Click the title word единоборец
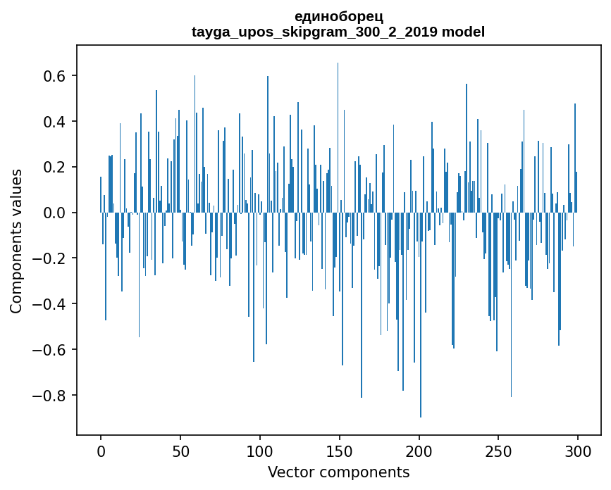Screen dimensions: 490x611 [x=338, y=16]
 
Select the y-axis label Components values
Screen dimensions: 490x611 [x=16, y=241]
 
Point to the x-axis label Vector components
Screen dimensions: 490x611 [x=338, y=472]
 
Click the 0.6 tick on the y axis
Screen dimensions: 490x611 [x=56, y=76]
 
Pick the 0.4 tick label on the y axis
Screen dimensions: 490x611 [x=56, y=122]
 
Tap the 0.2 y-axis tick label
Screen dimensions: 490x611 [x=56, y=168]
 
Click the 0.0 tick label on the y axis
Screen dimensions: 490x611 [x=56, y=213]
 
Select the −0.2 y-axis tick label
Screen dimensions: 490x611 [x=51, y=258]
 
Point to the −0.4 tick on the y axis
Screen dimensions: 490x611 [x=51, y=304]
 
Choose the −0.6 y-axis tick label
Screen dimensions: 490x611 [x=51, y=350]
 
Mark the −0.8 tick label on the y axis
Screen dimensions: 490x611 [x=51, y=395]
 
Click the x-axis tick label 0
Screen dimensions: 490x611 [x=101, y=450]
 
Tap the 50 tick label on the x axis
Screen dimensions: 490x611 [x=180, y=450]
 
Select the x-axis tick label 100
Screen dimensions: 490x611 [x=260, y=450]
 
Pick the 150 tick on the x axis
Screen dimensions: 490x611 [x=340, y=450]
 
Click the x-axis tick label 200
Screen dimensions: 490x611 [x=419, y=450]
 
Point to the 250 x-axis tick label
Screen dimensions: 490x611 [x=498, y=450]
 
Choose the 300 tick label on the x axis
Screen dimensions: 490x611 [x=578, y=450]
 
